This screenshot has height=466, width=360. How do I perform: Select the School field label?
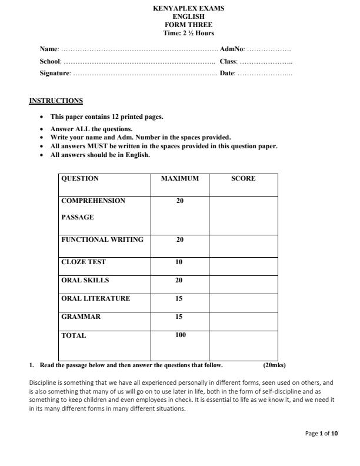[x=50, y=61]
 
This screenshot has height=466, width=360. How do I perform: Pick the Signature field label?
[x=55, y=73]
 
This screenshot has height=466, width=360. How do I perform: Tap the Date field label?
[x=227, y=73]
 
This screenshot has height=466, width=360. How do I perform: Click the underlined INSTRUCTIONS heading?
[x=56, y=101]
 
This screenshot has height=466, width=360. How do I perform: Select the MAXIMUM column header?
[x=179, y=178]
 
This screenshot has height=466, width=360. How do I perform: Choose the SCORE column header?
[x=243, y=178]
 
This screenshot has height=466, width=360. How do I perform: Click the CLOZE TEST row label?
[x=84, y=262]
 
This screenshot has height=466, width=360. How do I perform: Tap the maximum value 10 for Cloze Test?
[x=179, y=262]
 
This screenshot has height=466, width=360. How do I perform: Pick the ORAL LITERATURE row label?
[x=95, y=298]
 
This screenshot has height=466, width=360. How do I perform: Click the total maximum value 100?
[x=180, y=335]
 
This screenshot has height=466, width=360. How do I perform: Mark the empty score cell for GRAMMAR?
[x=243, y=321]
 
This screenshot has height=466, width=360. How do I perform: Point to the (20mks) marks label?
[x=274, y=365]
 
